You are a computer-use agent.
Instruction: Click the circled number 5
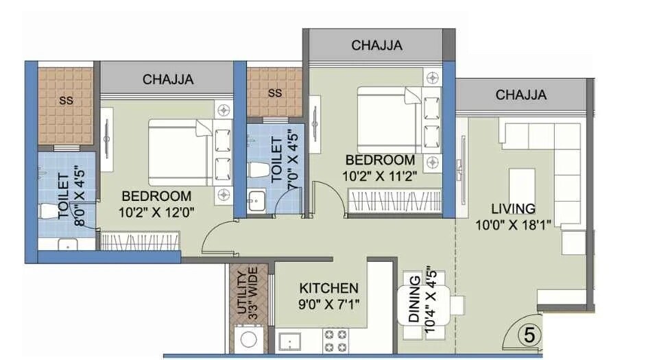coord(529,335)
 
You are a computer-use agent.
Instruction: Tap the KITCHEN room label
coord(329,288)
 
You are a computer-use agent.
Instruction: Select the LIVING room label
coord(513,208)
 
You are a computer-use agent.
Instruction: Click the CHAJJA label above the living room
coord(521,95)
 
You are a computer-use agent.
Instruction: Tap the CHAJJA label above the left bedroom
coord(168,80)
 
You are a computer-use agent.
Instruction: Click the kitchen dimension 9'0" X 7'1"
coord(329,303)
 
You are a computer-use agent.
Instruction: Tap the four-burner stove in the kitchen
coord(335,341)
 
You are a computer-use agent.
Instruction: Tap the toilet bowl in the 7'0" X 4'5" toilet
coord(259,169)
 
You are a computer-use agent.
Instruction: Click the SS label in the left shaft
coord(66,100)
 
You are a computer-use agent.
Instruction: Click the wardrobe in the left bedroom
coord(141,241)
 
